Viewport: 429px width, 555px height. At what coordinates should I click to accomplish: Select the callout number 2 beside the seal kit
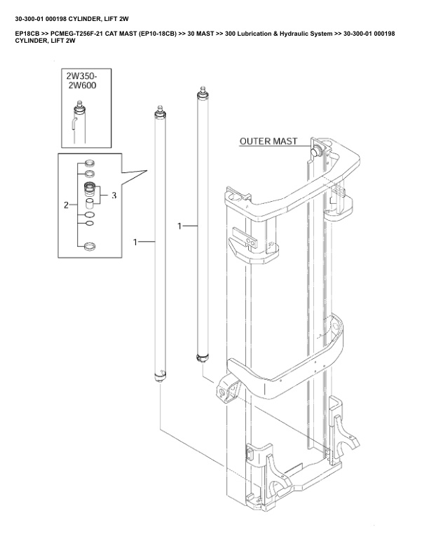67,205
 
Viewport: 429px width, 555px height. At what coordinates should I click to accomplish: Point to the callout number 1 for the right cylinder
180,226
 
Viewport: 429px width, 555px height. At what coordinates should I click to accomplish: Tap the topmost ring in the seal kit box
89,163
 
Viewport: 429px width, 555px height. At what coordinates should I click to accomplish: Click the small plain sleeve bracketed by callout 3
89,203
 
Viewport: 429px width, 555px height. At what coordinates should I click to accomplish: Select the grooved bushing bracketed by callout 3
89,188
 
